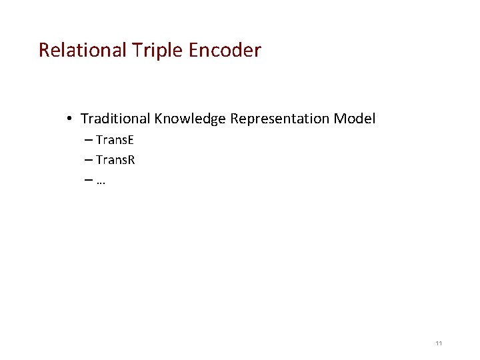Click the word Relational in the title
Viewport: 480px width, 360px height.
pyautogui.click(x=81, y=50)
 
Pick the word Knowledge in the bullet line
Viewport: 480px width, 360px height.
pyautogui.click(x=190, y=119)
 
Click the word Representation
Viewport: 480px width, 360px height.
pyautogui.click(x=280, y=119)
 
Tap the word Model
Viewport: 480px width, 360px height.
pyautogui.click(x=355, y=119)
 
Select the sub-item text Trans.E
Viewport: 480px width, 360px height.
pyautogui.click(x=115, y=140)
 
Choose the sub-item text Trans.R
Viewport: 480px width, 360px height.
pyautogui.click(x=116, y=160)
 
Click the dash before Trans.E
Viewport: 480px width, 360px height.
pyautogui.click(x=89, y=141)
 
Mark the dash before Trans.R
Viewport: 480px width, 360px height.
pyautogui.click(x=89, y=161)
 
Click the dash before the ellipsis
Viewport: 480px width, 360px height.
pyautogui.click(x=89, y=181)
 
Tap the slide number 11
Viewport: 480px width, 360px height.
pyautogui.click(x=439, y=343)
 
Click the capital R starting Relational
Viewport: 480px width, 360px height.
pyautogui.click(x=44, y=50)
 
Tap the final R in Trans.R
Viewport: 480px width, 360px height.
pyautogui.click(x=132, y=160)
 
